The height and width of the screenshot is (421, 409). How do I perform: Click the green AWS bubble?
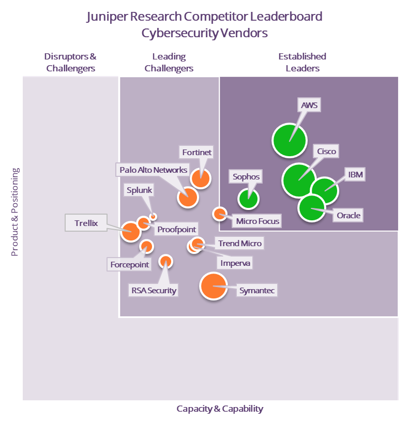[x=290, y=140]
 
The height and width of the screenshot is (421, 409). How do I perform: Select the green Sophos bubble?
[x=248, y=199]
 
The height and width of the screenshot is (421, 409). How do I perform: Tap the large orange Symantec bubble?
[x=214, y=286]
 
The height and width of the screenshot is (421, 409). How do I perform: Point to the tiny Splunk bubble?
[x=153, y=216]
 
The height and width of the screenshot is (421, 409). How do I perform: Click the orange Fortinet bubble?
[x=201, y=178]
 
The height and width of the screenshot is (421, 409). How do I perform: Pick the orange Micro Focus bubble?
[x=220, y=214]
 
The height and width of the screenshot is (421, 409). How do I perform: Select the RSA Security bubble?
[x=165, y=261]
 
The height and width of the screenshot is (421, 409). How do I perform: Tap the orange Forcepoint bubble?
[x=146, y=246]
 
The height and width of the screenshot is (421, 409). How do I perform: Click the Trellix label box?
[x=86, y=223]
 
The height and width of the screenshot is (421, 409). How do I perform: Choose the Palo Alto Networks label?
[x=153, y=170]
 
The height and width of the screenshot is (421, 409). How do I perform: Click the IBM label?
[x=355, y=174]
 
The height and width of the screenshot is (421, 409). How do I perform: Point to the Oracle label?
[x=349, y=215]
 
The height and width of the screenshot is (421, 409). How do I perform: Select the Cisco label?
[x=326, y=152]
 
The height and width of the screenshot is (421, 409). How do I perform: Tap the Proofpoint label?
[x=176, y=229]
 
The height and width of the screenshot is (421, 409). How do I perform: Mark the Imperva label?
[x=235, y=263]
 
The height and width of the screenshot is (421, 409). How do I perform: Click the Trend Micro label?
[x=239, y=243]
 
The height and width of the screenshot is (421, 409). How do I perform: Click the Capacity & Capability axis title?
[x=220, y=409]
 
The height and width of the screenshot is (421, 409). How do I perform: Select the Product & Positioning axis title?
[x=15, y=212]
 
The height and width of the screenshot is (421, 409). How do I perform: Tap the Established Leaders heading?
[x=302, y=62]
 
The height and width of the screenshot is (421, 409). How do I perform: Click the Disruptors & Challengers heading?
[x=70, y=62]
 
